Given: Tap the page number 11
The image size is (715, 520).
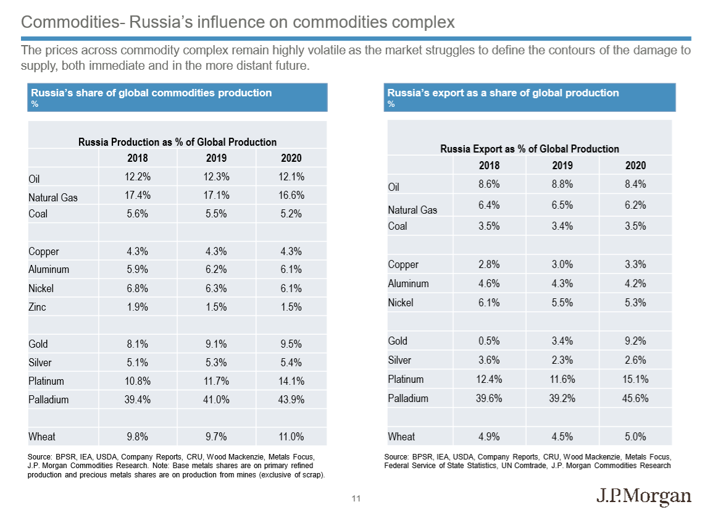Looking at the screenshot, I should pyautogui.click(x=356, y=498).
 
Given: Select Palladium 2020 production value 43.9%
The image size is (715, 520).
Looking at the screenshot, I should pyautogui.click(x=291, y=400).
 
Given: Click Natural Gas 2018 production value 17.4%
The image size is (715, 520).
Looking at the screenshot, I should pyautogui.click(x=138, y=195).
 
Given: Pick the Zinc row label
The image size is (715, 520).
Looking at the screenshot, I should pyautogui.click(x=37, y=307).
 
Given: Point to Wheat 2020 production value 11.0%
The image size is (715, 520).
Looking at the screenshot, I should pyautogui.click(x=291, y=437).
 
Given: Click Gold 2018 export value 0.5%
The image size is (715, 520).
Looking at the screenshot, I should pyautogui.click(x=489, y=340).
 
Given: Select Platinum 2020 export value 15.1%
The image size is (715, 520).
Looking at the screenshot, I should pyautogui.click(x=635, y=379).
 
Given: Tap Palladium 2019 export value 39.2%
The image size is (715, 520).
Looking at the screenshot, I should pyautogui.click(x=562, y=398).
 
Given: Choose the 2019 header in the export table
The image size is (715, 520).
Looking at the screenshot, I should pyautogui.click(x=562, y=166).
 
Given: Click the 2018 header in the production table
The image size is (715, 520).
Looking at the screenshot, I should pyautogui.click(x=138, y=158).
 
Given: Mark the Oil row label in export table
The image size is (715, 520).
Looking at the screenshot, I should pyautogui.click(x=394, y=187).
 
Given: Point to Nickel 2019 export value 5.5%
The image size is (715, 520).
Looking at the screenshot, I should pyautogui.click(x=562, y=303).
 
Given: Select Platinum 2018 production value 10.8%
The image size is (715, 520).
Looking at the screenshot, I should pyautogui.click(x=138, y=381).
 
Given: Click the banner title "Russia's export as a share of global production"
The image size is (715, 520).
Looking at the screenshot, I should pyautogui.click(x=503, y=93).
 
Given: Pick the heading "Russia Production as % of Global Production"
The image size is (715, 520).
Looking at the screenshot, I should pyautogui.click(x=177, y=142).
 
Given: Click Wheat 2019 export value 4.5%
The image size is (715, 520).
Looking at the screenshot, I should pyautogui.click(x=562, y=437).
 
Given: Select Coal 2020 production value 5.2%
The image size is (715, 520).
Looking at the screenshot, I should pyautogui.click(x=291, y=214).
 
